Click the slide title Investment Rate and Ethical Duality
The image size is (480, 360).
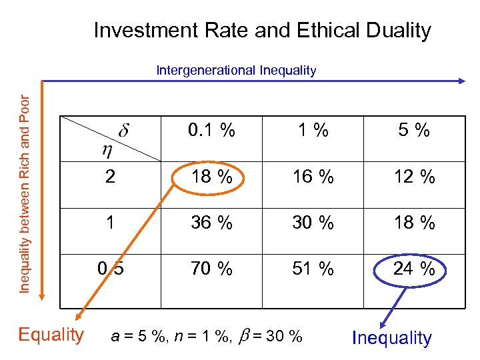tap(262, 30)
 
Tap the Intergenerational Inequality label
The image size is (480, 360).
tap(236, 70)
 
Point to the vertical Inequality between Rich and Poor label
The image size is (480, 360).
tap(25, 184)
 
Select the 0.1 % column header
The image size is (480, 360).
tap(211, 131)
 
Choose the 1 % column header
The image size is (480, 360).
tap(313, 131)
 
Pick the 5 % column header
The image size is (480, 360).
tap(413, 131)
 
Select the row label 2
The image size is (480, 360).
tap(111, 177)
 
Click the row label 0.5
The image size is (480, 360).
tap(111, 269)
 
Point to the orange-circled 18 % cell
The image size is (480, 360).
tap(211, 177)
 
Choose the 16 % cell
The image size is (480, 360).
tap(313, 177)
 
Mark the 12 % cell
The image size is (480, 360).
tap(413, 177)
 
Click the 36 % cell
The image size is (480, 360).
tap(211, 223)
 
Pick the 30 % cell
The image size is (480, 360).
tap(313, 223)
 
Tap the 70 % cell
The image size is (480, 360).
tap(211, 269)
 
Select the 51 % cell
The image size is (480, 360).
tap(313, 269)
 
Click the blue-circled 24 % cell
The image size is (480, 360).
tap(413, 269)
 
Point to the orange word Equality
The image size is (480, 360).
tap(51, 334)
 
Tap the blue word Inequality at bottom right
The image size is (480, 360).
tap(392, 338)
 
